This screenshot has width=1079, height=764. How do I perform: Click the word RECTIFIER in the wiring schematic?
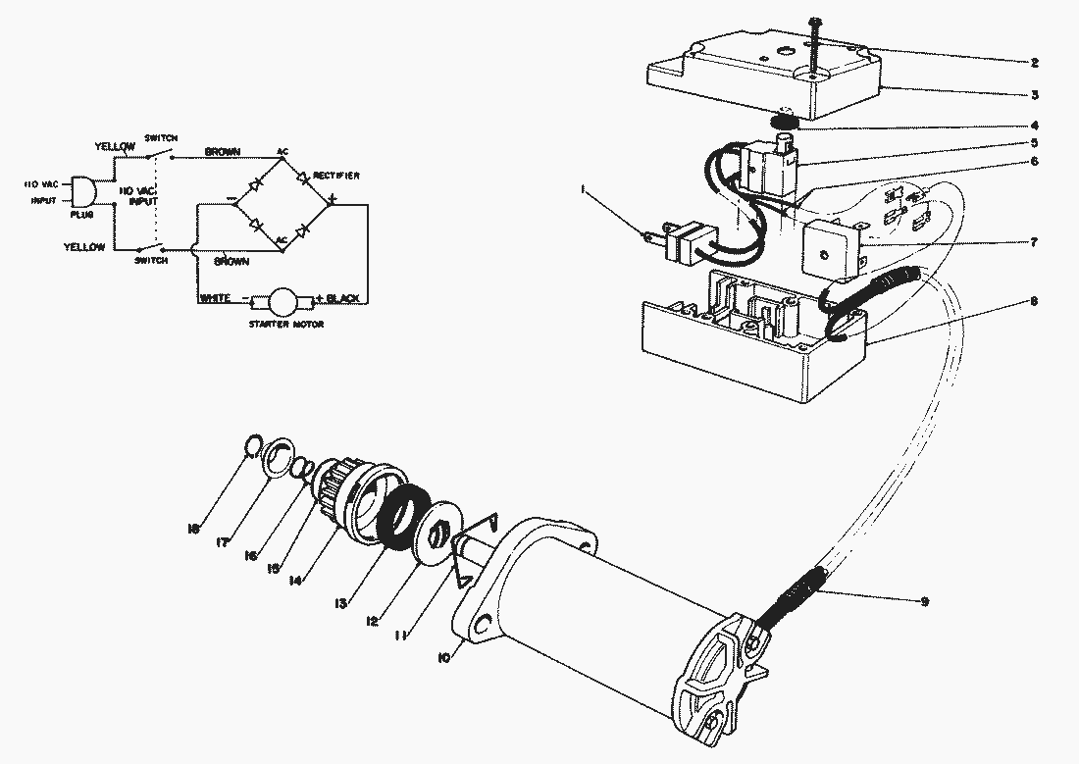pos(335,176)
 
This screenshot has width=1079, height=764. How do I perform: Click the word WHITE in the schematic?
pos(215,297)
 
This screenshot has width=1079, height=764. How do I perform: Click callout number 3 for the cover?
pos(1034,95)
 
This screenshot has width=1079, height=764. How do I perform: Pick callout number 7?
pos(1034,241)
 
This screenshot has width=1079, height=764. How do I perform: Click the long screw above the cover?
pos(815,45)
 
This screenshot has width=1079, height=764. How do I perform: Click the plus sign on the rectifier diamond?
pos(333,200)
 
